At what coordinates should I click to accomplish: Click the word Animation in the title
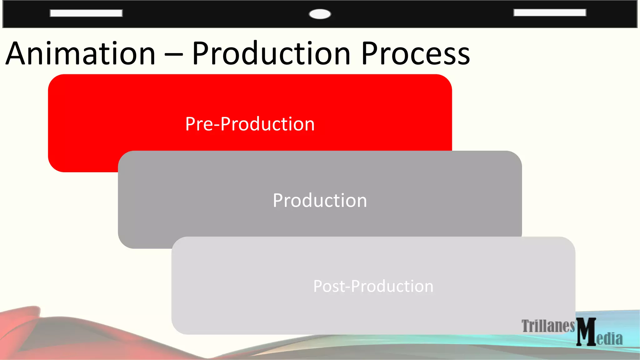[81, 54]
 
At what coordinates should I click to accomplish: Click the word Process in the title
[416, 54]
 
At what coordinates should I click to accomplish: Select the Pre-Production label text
[250, 124]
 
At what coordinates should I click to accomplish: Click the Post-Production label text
[373, 286]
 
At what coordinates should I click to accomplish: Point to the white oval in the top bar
[320, 14]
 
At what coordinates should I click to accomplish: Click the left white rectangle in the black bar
[86, 13]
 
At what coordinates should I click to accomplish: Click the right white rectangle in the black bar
[550, 12]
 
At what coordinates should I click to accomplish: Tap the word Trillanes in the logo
[548, 326]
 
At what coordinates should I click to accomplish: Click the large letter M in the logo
[586, 332]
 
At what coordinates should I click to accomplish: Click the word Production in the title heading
[271, 54]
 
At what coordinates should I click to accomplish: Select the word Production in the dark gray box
[320, 200]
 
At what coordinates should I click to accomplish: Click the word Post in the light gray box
[329, 286]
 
